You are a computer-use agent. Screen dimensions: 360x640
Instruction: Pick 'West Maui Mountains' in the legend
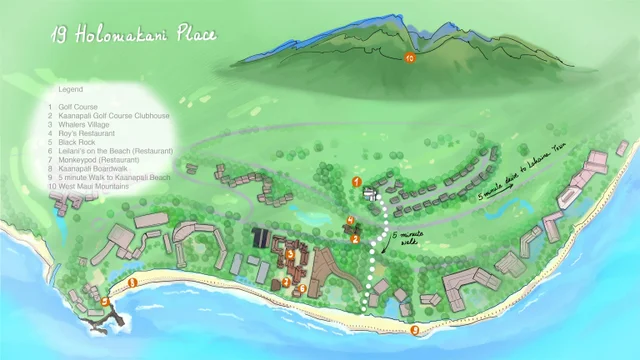click(100, 186)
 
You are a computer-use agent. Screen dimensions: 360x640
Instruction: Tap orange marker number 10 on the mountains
click(409, 59)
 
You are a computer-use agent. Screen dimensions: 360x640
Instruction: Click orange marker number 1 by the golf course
click(357, 181)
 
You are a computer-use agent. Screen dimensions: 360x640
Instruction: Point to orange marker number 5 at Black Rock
click(106, 300)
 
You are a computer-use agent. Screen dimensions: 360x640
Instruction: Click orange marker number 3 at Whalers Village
click(290, 254)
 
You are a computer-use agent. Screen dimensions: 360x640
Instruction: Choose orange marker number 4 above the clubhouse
click(350, 220)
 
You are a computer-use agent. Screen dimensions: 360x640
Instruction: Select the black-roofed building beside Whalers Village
click(261, 238)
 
